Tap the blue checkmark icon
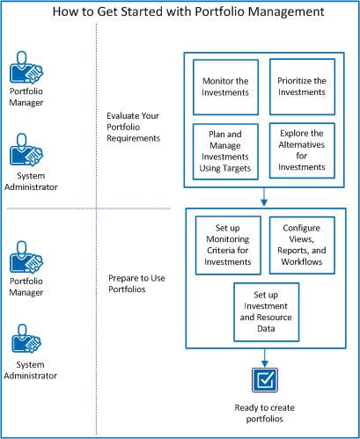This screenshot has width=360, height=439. pos(264,379)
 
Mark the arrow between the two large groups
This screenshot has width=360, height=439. pos(264,195)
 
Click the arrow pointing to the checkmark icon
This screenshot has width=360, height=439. pos(264,355)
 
